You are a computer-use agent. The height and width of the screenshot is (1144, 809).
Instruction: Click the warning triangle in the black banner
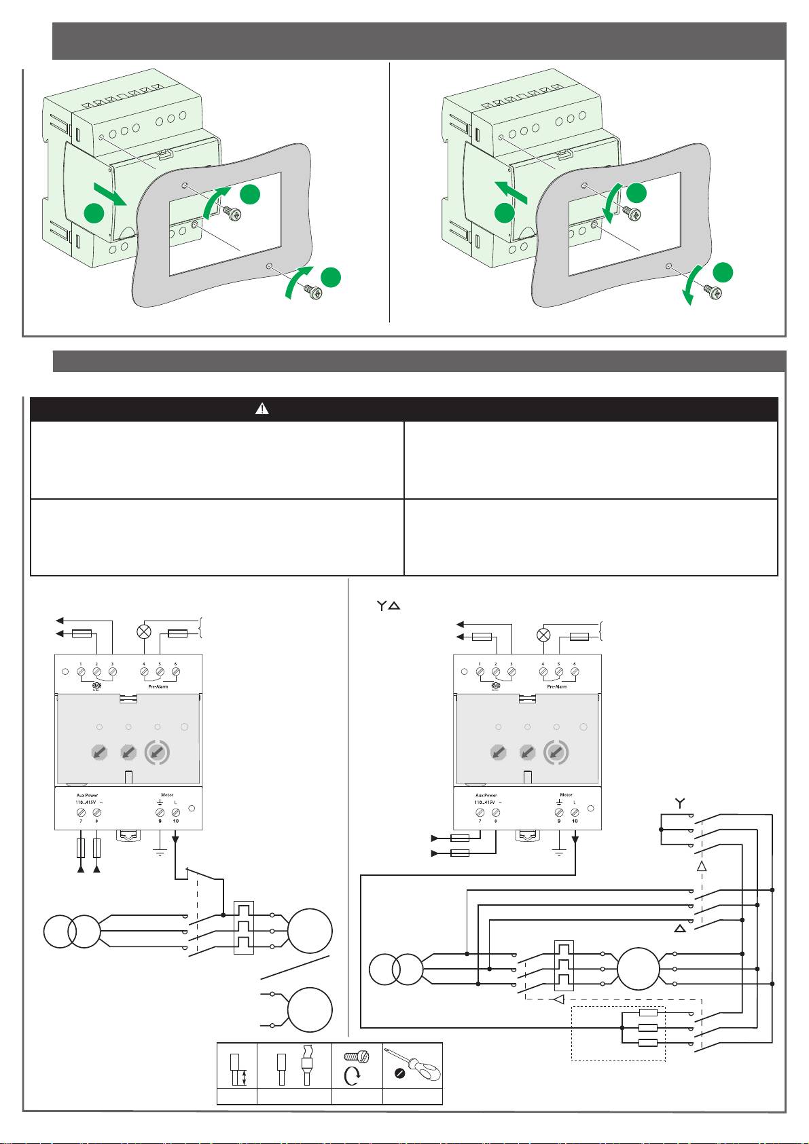262,409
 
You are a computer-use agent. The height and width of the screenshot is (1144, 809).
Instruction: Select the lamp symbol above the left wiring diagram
144,631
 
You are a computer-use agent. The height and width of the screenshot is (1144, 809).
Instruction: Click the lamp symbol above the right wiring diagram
543,635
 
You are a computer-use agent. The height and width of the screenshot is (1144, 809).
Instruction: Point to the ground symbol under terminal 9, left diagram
160,851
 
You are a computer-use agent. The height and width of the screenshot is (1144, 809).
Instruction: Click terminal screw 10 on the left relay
176,812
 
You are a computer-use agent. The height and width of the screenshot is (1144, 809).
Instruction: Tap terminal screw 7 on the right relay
480,812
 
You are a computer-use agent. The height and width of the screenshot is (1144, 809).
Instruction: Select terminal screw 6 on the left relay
175,672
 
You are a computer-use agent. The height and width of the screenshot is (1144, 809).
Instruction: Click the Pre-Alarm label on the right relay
557,686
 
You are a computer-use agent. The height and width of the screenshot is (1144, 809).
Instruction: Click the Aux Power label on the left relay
87,795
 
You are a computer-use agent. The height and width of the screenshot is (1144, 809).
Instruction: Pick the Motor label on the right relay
567,794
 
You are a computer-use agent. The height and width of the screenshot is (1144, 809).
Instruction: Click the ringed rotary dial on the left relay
157,752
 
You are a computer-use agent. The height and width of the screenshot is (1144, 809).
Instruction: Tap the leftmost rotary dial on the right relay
498,752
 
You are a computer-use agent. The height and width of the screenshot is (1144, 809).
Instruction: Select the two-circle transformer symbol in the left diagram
71,931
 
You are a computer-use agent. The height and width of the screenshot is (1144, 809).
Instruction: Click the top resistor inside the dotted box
648,1012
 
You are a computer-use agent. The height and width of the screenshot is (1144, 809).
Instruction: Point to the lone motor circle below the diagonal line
310,1010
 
